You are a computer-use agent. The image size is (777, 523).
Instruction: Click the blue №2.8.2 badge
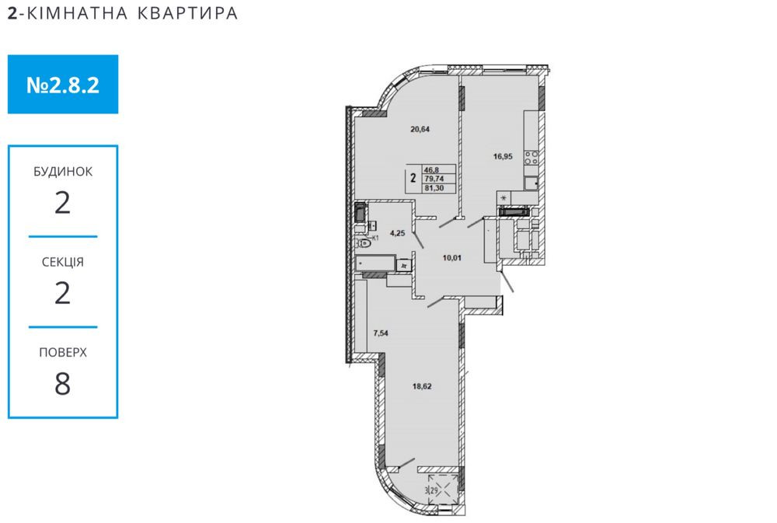click(x=63, y=84)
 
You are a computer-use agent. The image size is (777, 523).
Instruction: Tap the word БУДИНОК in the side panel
click(x=63, y=171)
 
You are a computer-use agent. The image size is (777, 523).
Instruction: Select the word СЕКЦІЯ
click(x=63, y=262)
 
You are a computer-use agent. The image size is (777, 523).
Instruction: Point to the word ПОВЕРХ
click(x=63, y=352)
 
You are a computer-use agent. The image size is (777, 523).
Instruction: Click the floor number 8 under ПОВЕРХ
click(x=63, y=384)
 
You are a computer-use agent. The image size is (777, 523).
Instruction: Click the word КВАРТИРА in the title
click(x=186, y=13)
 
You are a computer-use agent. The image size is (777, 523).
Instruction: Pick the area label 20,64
click(x=420, y=130)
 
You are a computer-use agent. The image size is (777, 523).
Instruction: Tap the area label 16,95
click(x=503, y=155)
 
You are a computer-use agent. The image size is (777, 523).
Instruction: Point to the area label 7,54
click(x=381, y=333)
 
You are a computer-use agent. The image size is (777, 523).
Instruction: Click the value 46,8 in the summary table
click(x=432, y=169)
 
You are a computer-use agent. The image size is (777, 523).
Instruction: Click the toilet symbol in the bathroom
click(x=364, y=242)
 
